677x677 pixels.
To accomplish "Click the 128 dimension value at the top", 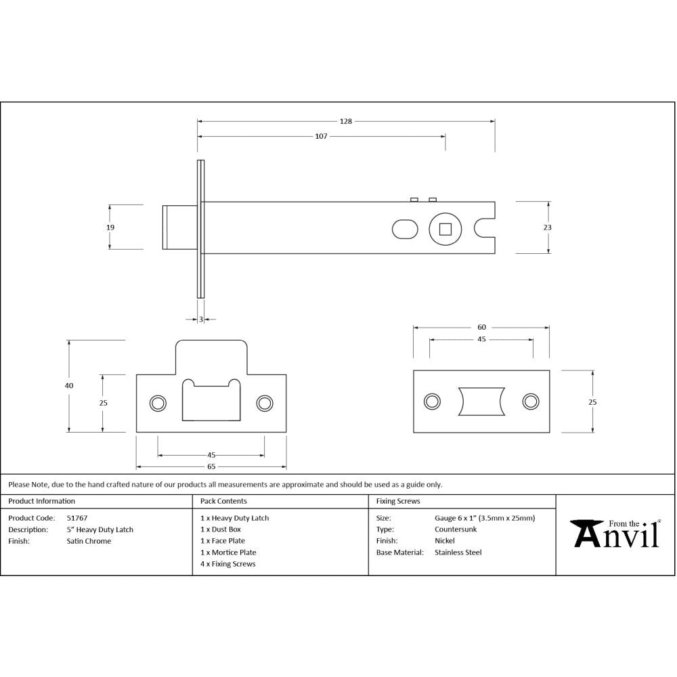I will pyautogui.click(x=346, y=122).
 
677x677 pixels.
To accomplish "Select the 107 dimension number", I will pyautogui.click(x=321, y=136).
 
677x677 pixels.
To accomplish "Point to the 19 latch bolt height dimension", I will pyautogui.click(x=110, y=227).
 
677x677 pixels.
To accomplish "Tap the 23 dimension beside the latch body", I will pyautogui.click(x=547, y=227).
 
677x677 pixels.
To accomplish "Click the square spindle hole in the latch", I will pyautogui.click(x=445, y=229).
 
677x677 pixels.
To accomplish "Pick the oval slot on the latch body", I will pyautogui.click(x=405, y=229).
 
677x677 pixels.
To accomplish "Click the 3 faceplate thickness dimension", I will pyautogui.click(x=201, y=319).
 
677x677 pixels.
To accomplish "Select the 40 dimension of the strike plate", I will pyautogui.click(x=69, y=385).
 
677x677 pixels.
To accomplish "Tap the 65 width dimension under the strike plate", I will pyautogui.click(x=211, y=466).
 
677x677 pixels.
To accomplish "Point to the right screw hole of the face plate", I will pyautogui.click(x=529, y=401).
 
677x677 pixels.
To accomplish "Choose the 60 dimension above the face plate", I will pyautogui.click(x=481, y=328).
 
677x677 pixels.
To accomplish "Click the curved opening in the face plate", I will pyautogui.click(x=481, y=401).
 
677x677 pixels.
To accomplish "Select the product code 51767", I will pyautogui.click(x=77, y=518).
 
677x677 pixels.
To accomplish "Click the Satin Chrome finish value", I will pyautogui.click(x=89, y=541).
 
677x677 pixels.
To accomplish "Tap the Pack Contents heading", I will pyautogui.click(x=223, y=502).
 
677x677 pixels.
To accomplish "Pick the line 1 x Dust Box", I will pyautogui.click(x=221, y=529).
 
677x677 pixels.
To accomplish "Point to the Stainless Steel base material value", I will pyautogui.click(x=458, y=552).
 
